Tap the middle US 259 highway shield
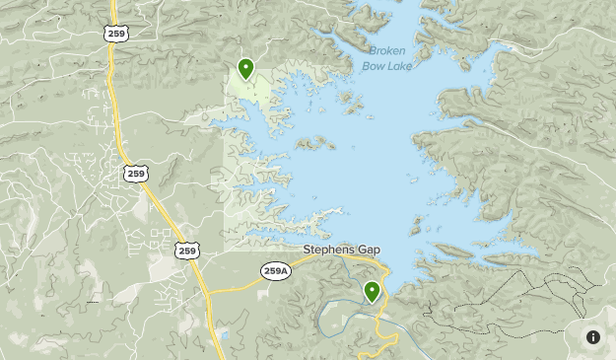[x=136, y=174]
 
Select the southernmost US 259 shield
[x=187, y=251]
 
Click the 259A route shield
[x=276, y=270]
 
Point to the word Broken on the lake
[x=388, y=51]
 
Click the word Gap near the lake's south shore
[x=369, y=251]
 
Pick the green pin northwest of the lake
[x=245, y=69]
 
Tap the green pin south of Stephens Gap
[x=372, y=291]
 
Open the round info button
[x=593, y=337]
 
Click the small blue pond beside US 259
[x=225, y=336]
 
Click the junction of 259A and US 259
[x=207, y=293]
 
